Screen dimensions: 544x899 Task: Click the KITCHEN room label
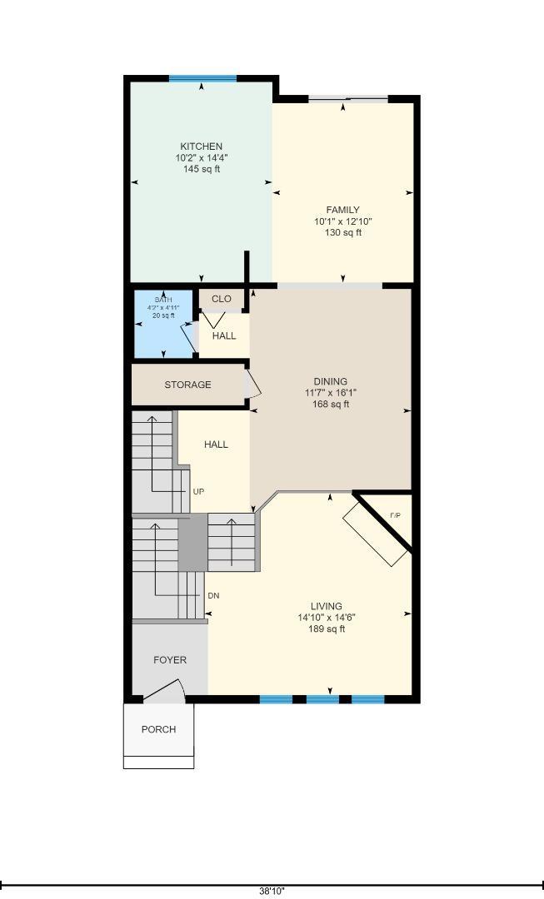pyautogui.click(x=202, y=147)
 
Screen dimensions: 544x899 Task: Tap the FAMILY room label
pyautogui.click(x=343, y=210)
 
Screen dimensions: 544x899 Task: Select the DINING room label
pyautogui.click(x=331, y=381)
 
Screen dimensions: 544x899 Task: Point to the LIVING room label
pyautogui.click(x=327, y=606)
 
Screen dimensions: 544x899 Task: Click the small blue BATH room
pyautogui.click(x=163, y=324)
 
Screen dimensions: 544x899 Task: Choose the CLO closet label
pyautogui.click(x=222, y=299)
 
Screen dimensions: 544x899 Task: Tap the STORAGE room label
pyautogui.click(x=187, y=385)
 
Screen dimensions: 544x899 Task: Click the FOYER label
pyautogui.click(x=170, y=660)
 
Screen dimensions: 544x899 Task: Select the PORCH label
pyautogui.click(x=159, y=729)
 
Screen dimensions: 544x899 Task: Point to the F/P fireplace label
pyautogui.click(x=396, y=515)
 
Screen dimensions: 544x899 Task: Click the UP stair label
pyautogui.click(x=198, y=492)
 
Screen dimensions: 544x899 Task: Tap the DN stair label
pyautogui.click(x=213, y=596)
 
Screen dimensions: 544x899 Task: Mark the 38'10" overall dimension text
pyautogui.click(x=272, y=891)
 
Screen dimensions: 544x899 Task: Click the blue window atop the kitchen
pyautogui.click(x=202, y=78)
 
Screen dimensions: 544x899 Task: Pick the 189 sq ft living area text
pyautogui.click(x=327, y=629)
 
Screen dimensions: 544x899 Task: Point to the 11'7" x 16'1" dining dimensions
pyautogui.click(x=331, y=393)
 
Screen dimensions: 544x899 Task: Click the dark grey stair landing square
pyautogui.click(x=192, y=542)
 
